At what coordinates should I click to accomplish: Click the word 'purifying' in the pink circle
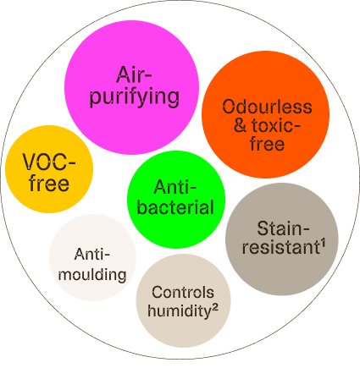135,98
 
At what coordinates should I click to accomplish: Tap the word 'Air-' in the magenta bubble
134,75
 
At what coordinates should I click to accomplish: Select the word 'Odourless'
267,107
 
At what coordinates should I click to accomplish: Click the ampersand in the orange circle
241,125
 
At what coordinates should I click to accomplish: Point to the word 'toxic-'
276,125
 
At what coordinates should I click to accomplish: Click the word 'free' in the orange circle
267,144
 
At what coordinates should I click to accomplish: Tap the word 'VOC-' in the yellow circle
49,162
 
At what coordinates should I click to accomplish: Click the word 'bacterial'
175,206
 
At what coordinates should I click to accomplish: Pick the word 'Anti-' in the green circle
175,187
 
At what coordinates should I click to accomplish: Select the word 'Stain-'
283,228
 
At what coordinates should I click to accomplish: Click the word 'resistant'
281,247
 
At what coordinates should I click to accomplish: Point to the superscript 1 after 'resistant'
323,244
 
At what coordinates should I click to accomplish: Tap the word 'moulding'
92,274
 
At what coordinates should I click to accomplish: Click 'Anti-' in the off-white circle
92,255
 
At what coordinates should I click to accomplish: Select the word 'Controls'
183,292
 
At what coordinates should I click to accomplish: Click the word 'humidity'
180,310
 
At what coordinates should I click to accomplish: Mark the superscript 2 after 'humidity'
214,308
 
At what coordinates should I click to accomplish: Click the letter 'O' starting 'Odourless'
230,107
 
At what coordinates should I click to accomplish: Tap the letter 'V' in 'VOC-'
30,162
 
